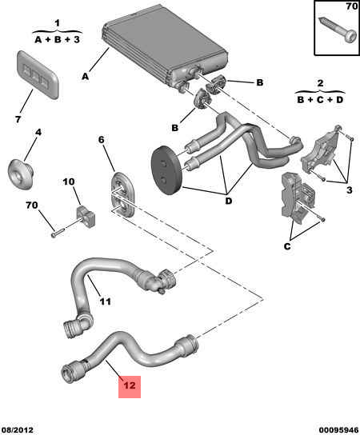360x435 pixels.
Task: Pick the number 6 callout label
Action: click(102, 140)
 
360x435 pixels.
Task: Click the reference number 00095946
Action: click(330, 428)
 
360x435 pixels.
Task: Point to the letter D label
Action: click(227, 201)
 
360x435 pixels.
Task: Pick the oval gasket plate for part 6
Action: click(122, 195)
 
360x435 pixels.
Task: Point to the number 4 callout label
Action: click(37, 133)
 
